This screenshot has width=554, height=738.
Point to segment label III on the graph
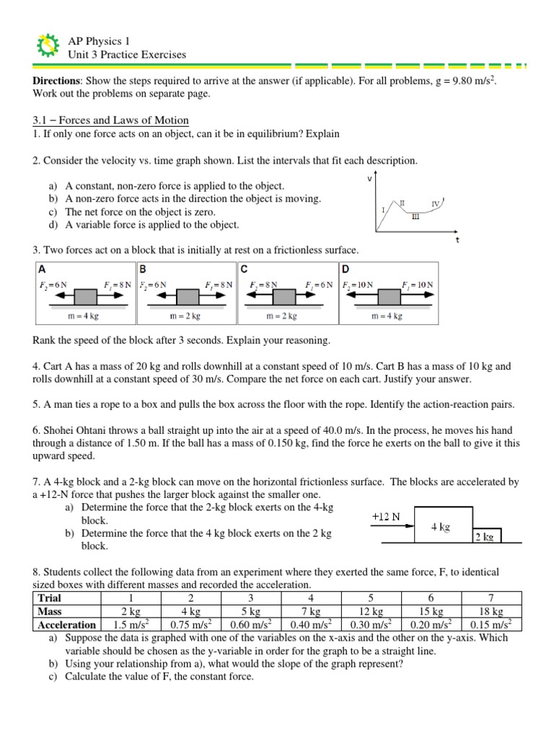tap(415, 215)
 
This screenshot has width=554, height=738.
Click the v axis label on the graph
tap(370, 177)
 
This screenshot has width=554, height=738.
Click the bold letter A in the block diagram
tap(41, 269)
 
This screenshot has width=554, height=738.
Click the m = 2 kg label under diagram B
tap(185, 316)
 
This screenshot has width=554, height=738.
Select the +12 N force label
tap(386, 517)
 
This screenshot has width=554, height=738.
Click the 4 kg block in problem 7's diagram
tap(441, 527)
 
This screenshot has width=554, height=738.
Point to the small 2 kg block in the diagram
tap(485, 536)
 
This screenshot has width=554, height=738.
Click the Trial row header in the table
tap(50, 598)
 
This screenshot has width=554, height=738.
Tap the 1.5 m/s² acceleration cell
tap(131, 625)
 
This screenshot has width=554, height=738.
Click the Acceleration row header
tap(67, 625)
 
